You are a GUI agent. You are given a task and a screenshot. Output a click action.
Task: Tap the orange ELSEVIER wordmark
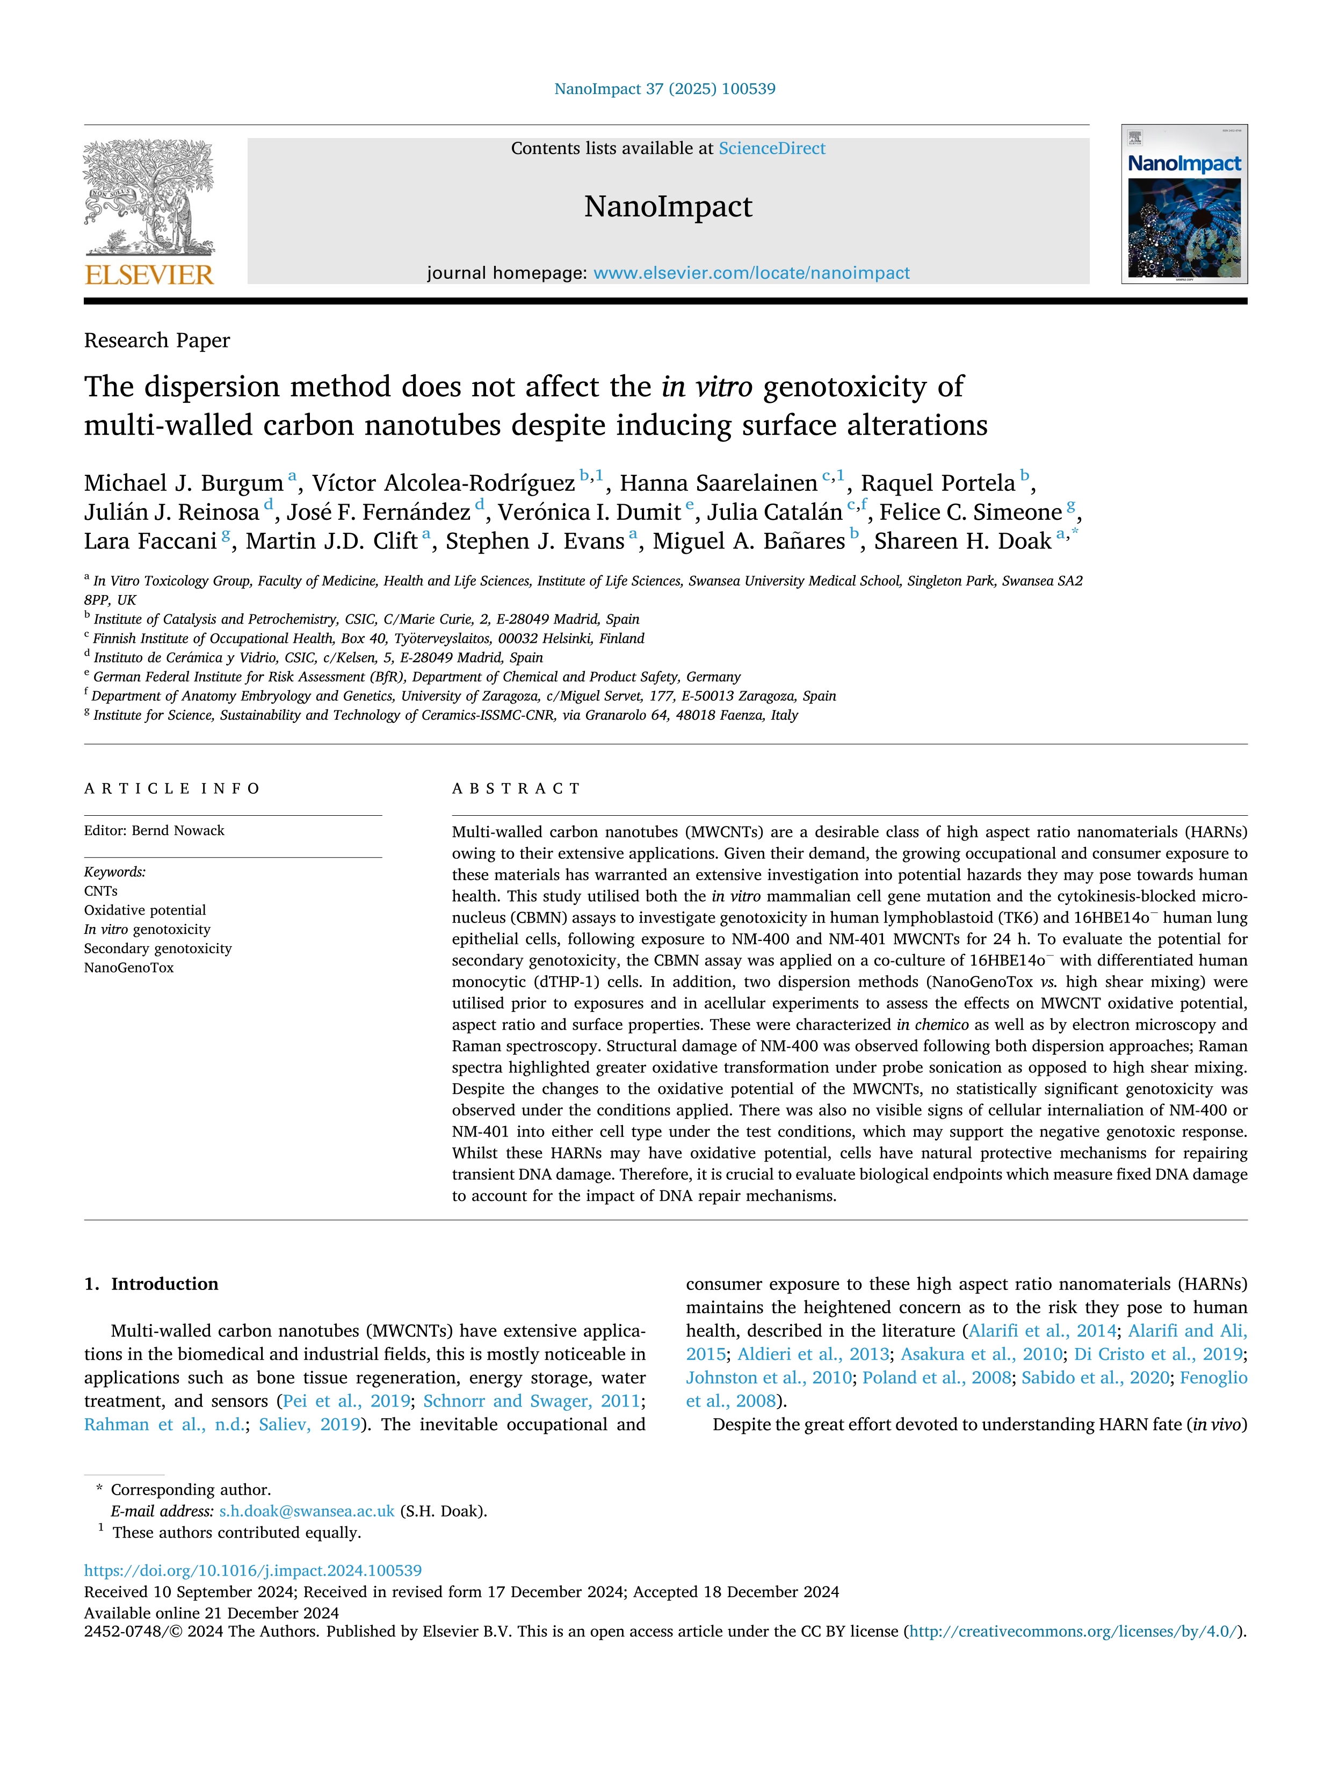[149, 276]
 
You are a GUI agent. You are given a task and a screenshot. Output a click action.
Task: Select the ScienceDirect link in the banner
[772, 149]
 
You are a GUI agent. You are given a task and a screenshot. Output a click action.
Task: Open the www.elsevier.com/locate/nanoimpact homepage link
[751, 273]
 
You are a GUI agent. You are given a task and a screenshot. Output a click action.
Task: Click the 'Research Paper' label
[157, 340]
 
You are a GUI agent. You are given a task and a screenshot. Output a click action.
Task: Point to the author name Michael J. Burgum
[183, 483]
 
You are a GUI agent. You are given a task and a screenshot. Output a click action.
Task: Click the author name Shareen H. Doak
[962, 541]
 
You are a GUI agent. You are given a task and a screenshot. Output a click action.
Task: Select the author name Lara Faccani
[150, 541]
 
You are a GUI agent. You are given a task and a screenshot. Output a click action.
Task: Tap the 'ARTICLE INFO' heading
[172, 788]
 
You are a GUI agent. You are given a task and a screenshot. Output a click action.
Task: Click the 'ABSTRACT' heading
[516, 788]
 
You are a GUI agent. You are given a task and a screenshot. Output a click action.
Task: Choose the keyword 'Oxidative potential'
[144, 910]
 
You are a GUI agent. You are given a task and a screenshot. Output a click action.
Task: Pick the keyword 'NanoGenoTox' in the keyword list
[128, 968]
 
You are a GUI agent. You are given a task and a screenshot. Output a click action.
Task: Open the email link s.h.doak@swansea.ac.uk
[307, 1511]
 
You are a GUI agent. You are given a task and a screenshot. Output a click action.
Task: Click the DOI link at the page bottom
[253, 1570]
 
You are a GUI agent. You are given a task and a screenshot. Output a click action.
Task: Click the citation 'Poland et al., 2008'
[936, 1378]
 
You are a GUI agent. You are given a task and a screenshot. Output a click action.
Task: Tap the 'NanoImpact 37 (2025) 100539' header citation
[665, 89]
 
